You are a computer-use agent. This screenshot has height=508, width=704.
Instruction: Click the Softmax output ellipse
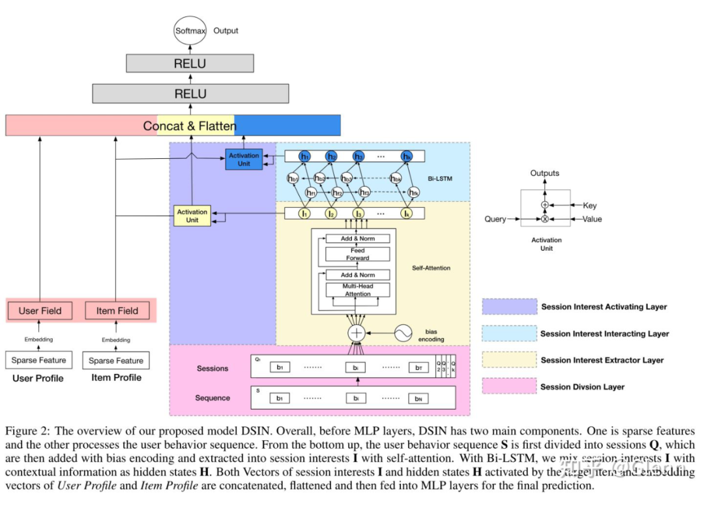190,31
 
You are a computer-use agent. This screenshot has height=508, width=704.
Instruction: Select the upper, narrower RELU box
190,63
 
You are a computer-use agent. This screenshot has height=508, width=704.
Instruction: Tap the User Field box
40,311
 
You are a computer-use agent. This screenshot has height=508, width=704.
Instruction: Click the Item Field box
117,311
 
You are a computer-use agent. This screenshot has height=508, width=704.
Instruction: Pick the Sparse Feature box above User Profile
38,360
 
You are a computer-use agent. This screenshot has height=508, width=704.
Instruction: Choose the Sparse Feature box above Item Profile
116,361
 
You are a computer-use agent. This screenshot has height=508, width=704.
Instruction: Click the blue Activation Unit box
244,160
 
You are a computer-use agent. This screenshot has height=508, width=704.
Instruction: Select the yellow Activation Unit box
192,216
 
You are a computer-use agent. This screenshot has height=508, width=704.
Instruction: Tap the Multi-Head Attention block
358,290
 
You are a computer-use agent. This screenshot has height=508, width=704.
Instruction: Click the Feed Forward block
358,254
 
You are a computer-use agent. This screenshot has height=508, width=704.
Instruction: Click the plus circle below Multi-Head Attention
357,333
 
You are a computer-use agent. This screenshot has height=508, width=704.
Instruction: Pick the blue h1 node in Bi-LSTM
304,156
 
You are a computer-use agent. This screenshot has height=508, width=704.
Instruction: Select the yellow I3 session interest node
358,213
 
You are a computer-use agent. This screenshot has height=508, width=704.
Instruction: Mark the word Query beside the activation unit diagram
495,219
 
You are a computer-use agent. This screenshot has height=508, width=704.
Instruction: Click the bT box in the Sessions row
418,367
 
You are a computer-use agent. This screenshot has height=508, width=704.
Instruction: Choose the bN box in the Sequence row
418,397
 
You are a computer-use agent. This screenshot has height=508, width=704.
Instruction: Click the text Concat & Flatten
190,126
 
